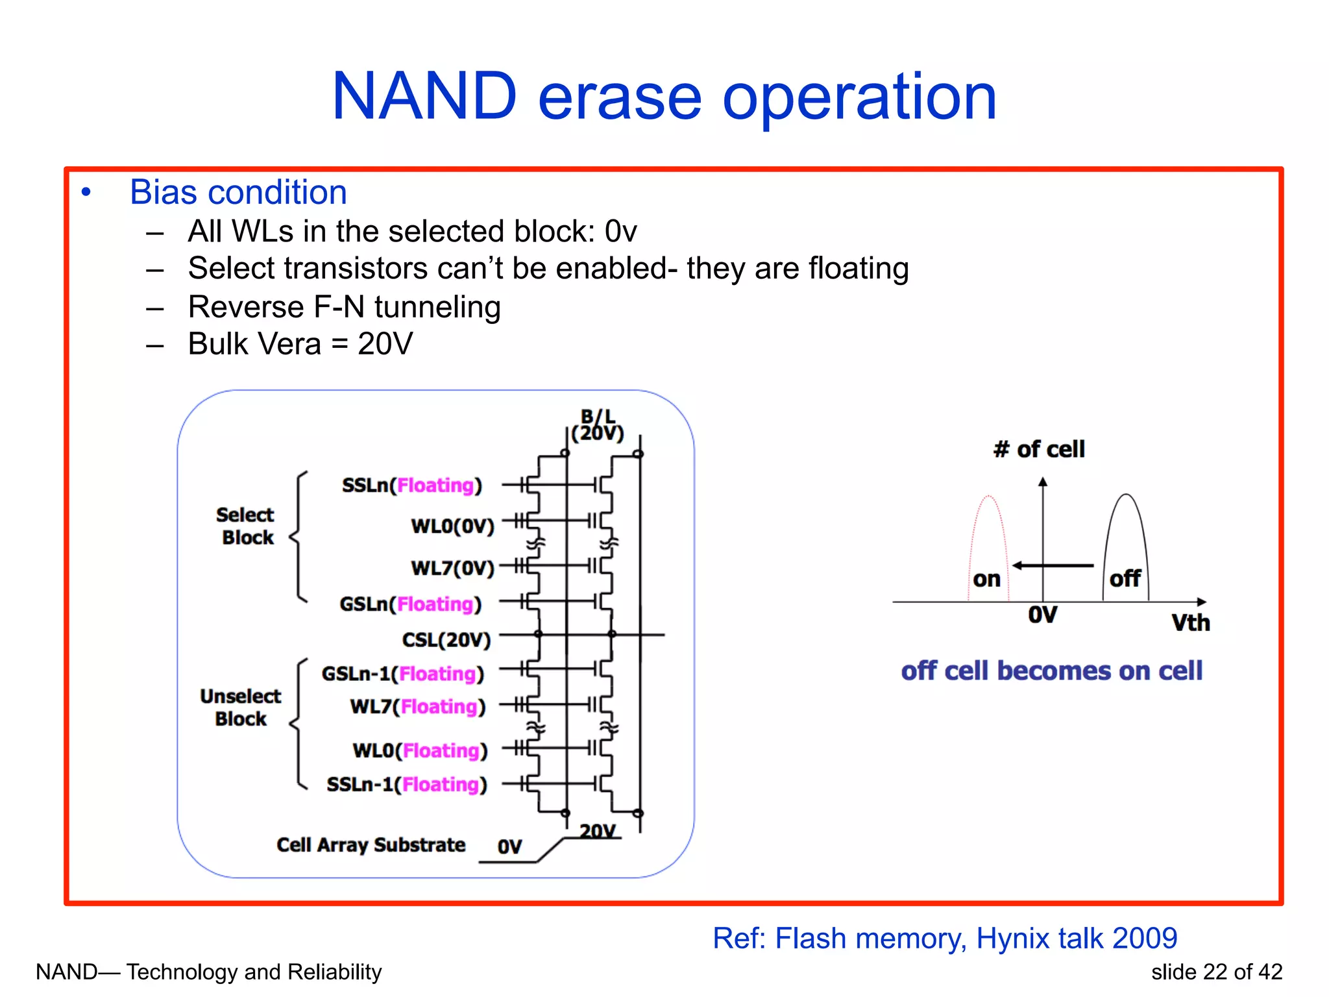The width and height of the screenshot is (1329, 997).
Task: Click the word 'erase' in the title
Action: click(620, 97)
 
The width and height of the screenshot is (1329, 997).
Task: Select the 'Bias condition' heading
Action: click(238, 192)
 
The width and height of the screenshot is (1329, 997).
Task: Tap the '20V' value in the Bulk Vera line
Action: click(385, 343)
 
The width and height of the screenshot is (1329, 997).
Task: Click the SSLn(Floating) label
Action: click(412, 485)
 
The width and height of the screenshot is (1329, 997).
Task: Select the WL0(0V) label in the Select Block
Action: click(452, 526)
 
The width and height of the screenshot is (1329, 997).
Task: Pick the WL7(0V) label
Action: click(452, 568)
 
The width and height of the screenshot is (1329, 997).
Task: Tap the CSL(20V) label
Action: click(446, 640)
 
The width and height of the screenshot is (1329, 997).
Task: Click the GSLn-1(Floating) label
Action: click(403, 674)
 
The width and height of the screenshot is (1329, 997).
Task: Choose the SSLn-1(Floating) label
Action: click(407, 784)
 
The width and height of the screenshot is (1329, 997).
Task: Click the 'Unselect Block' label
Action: click(240, 707)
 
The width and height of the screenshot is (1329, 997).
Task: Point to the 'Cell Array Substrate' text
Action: click(371, 844)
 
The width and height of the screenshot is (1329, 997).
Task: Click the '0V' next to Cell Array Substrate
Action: click(509, 846)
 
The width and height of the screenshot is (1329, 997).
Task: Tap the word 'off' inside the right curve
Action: click(1125, 578)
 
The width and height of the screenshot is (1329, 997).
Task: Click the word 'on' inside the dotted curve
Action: click(986, 579)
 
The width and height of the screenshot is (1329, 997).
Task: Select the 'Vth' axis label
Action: click(1190, 622)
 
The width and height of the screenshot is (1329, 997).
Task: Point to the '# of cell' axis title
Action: click(1038, 449)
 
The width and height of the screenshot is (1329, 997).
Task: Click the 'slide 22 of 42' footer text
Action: click(1217, 972)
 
